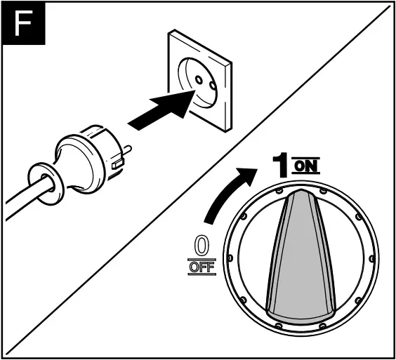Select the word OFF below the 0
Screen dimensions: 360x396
coord(201,267)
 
